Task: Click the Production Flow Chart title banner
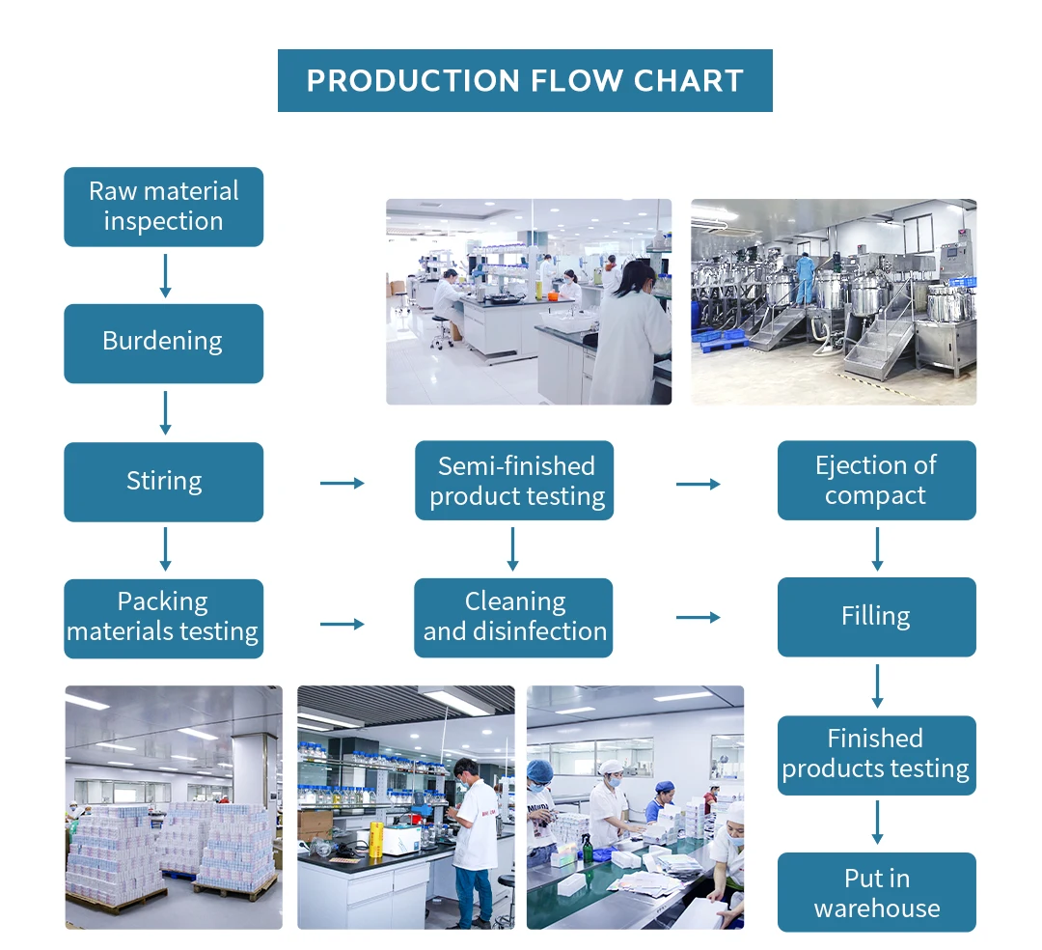tap(525, 80)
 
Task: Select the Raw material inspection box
tap(163, 207)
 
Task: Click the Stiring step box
tap(163, 481)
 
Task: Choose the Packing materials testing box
tap(163, 618)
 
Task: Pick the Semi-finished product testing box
tap(514, 481)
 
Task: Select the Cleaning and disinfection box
tap(514, 618)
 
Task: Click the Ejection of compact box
tap(876, 481)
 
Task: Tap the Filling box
tap(876, 617)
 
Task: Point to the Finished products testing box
tap(876, 755)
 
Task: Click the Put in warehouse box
tap(876, 892)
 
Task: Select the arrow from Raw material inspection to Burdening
tap(165, 275)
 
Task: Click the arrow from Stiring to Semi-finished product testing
tap(342, 483)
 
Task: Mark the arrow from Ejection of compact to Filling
tap(877, 548)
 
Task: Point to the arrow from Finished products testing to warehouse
tap(877, 823)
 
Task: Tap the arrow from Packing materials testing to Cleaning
tap(342, 624)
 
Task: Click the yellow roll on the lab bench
tap(375, 838)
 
